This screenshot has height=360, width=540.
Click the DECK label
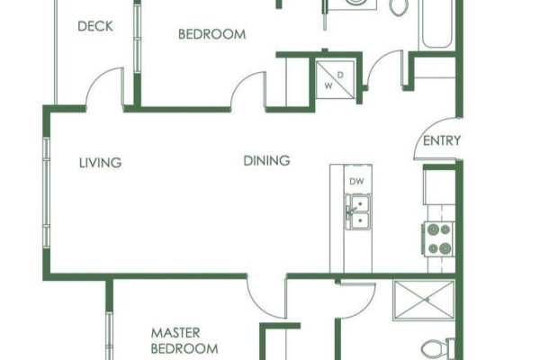[95, 26]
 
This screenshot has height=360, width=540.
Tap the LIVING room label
[100, 163]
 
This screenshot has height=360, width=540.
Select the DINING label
[266, 160]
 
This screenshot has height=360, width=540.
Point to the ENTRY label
[442, 140]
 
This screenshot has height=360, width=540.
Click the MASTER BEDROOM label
[184, 341]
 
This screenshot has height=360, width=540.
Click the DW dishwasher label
[356, 181]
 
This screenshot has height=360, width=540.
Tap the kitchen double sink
[358, 211]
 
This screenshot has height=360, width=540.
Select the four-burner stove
[439, 238]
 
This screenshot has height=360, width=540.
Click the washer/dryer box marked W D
[335, 79]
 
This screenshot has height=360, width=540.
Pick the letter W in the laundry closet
[328, 85]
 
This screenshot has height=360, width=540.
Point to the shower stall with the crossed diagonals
[424, 301]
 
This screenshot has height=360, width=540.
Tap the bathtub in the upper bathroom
[436, 24]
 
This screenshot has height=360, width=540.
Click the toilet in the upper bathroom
[399, 7]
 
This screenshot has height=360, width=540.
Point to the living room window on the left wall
[47, 193]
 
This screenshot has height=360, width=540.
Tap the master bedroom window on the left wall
[109, 336]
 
